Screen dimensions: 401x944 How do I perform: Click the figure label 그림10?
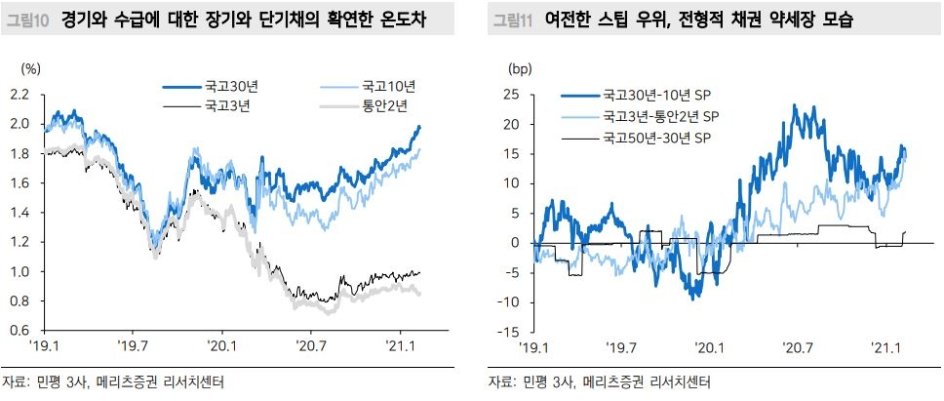pos(29,20)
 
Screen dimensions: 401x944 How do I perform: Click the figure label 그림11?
pos(513,20)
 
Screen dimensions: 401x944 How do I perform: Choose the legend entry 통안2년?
pos(388,105)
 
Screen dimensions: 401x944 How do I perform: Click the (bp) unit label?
pos(520,69)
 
